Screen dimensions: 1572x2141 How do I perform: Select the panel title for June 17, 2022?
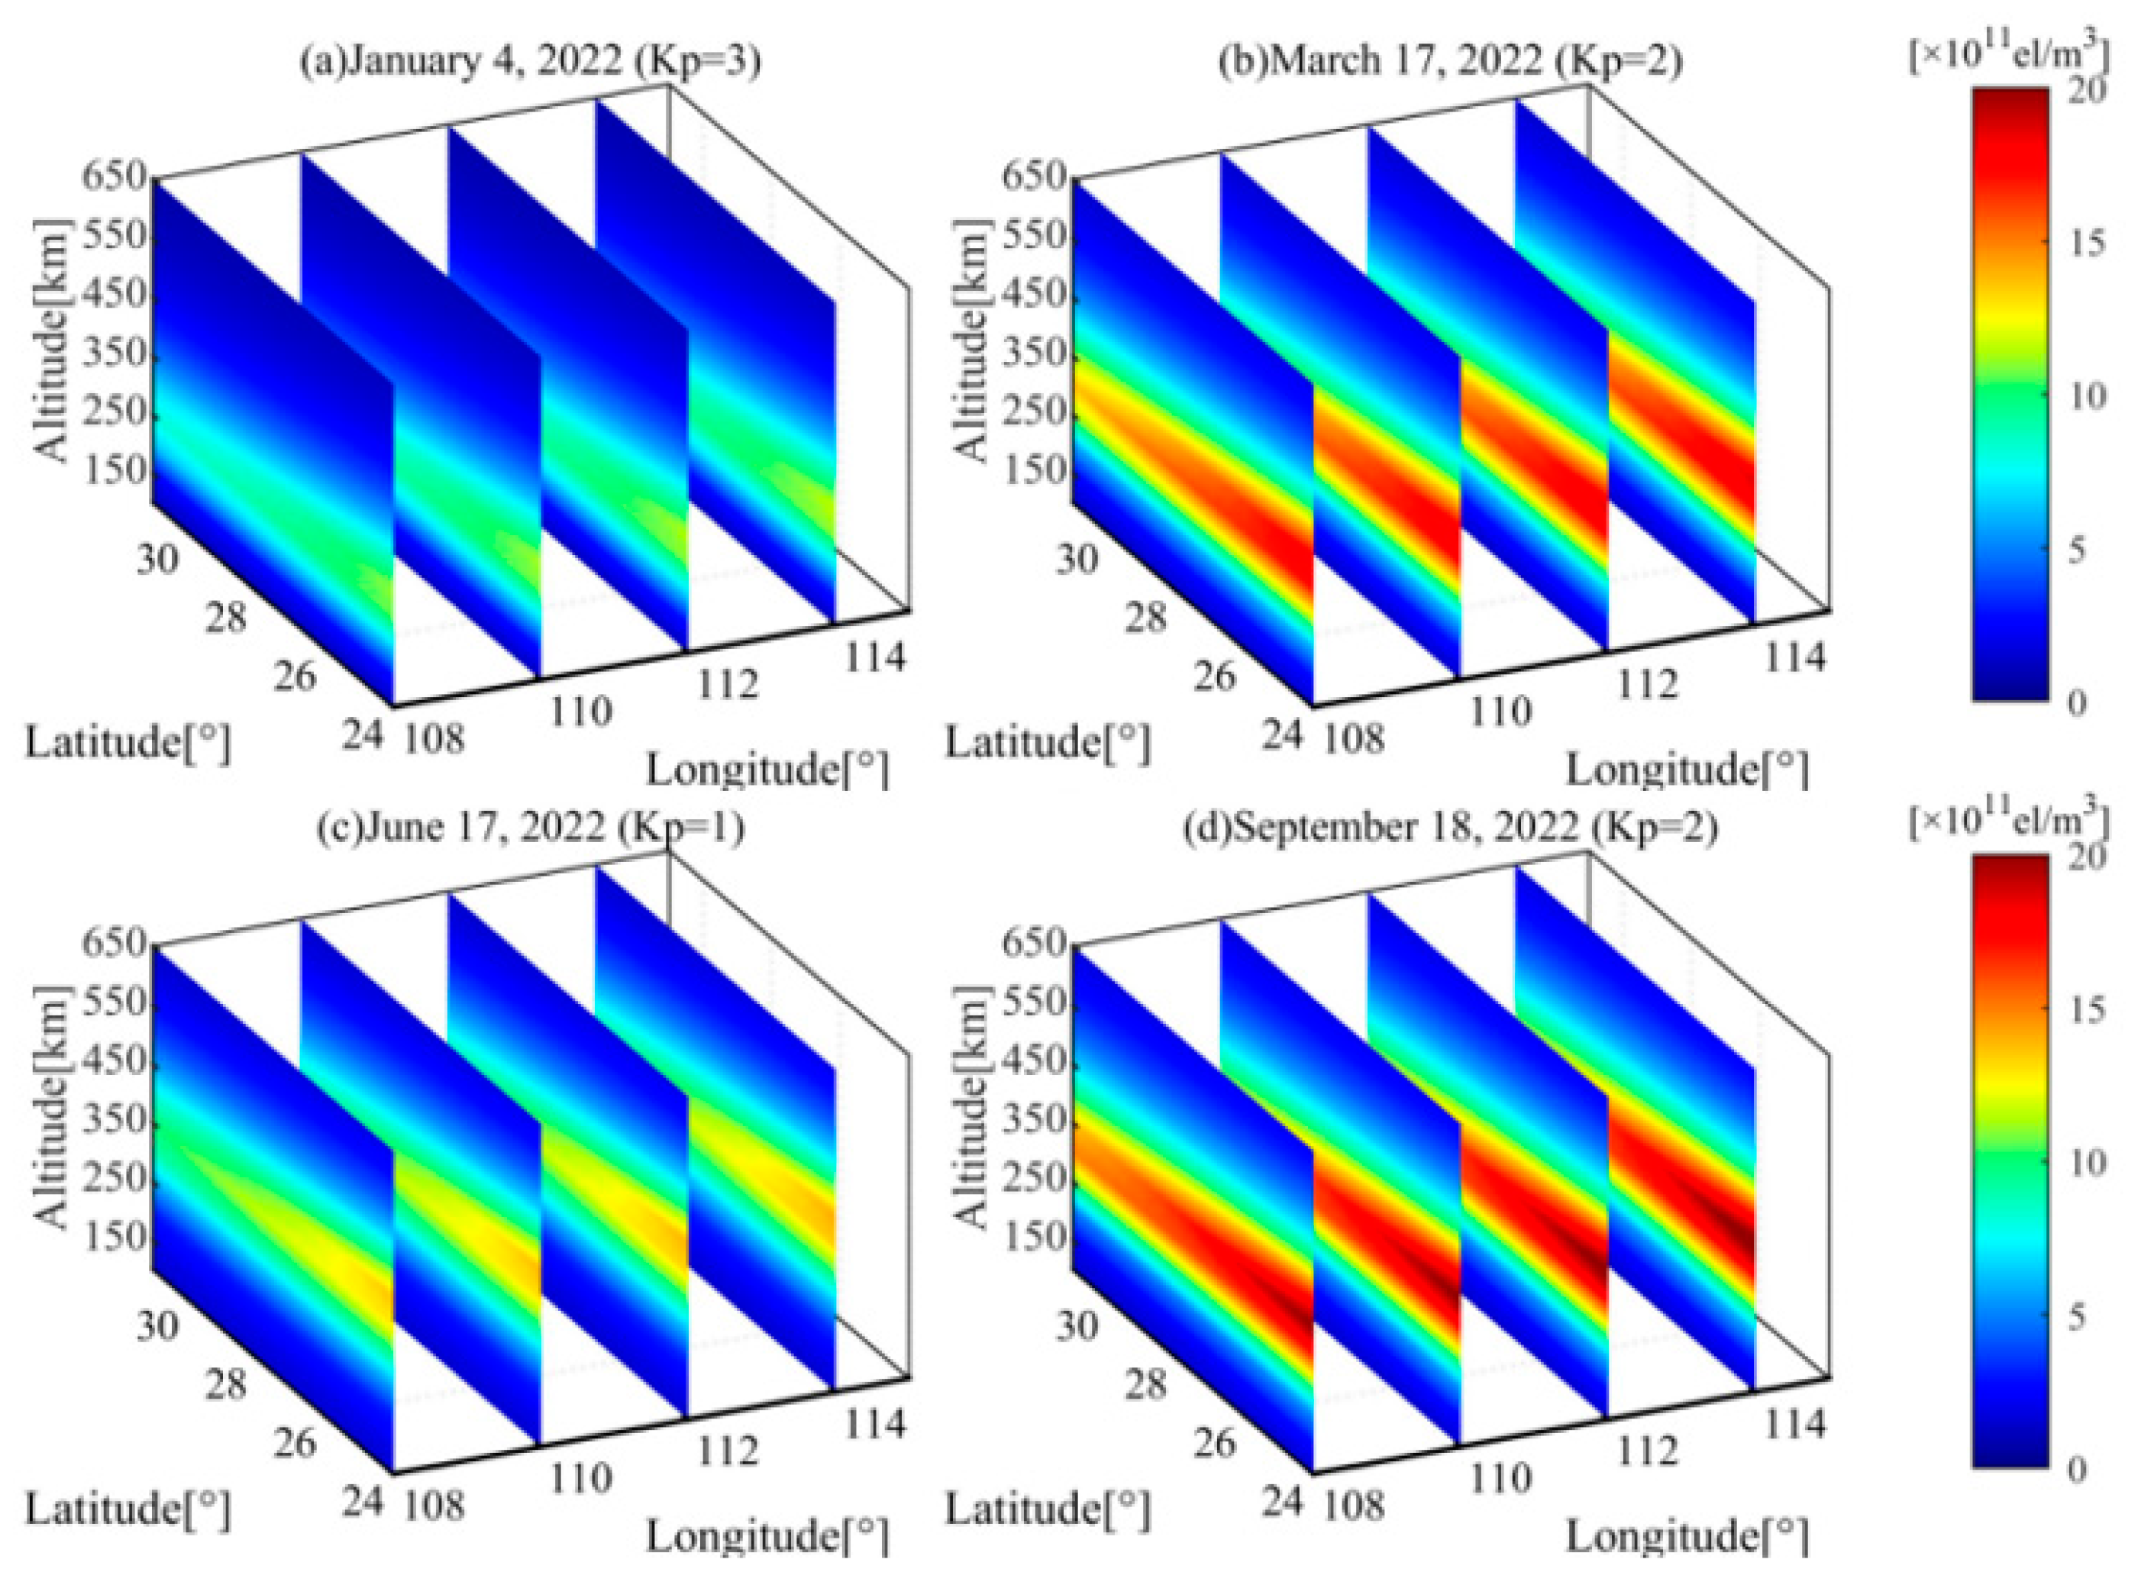pyautogui.click(x=530, y=827)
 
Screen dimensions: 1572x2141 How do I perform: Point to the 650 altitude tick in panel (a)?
pyautogui.click(x=113, y=177)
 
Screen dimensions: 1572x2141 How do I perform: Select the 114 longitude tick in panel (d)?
pyautogui.click(x=1794, y=1425)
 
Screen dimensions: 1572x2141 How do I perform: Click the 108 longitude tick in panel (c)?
pyautogui.click(x=435, y=1505)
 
